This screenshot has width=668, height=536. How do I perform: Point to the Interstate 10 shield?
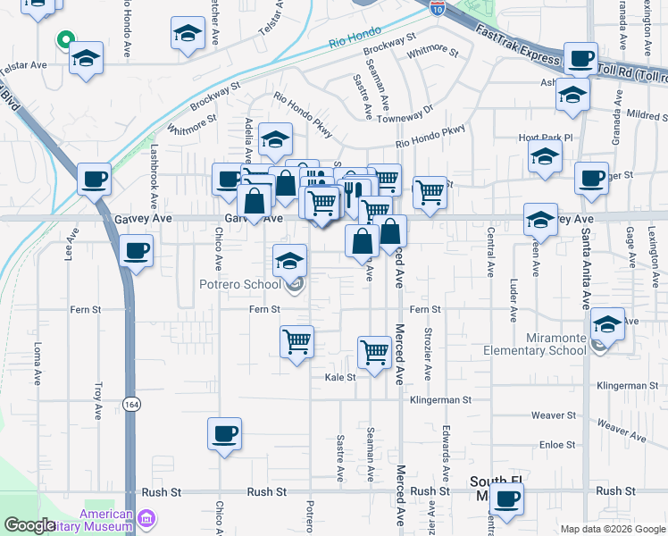[x=437, y=8]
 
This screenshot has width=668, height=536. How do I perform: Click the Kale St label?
[x=339, y=377]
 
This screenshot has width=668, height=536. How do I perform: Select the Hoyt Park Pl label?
[x=543, y=138]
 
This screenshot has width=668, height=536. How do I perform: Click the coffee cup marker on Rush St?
[x=507, y=498]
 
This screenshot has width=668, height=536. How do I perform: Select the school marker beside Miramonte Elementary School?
[x=607, y=323]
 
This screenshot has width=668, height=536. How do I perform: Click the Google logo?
[x=29, y=525]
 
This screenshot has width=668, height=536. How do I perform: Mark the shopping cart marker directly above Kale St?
[x=374, y=351]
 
